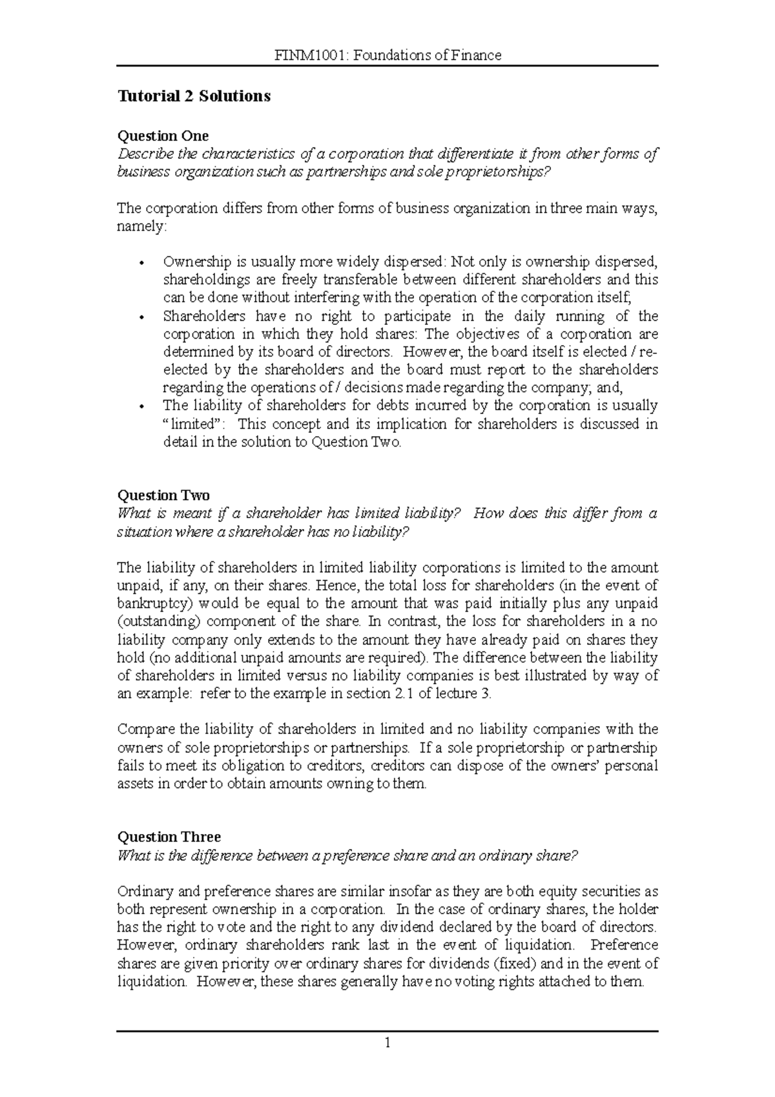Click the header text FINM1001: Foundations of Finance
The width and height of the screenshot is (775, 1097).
pos(387,55)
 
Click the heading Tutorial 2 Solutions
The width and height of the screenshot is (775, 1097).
pos(193,96)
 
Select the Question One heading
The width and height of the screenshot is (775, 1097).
pos(163,136)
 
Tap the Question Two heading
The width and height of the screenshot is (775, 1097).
pos(163,496)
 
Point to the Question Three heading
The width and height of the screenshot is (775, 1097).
pos(169,837)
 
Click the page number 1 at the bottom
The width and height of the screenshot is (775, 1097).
pos(387,1042)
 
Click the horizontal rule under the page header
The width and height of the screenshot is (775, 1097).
pos(387,66)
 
